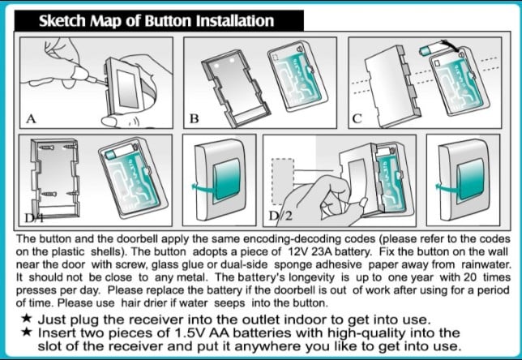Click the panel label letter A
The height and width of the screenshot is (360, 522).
click(x=31, y=118)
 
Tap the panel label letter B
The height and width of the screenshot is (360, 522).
click(x=194, y=118)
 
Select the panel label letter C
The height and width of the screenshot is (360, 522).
click(x=357, y=118)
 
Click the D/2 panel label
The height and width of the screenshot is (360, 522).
click(x=280, y=216)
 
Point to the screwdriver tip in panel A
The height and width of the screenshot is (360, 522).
click(x=105, y=83)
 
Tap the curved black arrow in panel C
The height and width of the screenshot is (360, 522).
click(x=452, y=47)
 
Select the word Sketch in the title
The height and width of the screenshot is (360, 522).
click(x=62, y=20)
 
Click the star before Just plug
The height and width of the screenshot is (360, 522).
click(x=26, y=319)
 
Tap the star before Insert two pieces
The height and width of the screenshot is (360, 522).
click(x=26, y=332)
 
